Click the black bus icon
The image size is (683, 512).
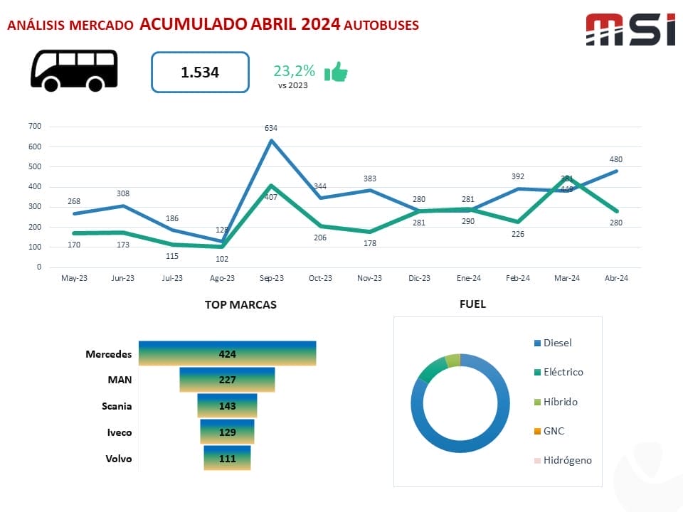click(74, 70)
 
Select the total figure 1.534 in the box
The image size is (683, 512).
click(200, 72)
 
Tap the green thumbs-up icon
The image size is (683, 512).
click(336, 72)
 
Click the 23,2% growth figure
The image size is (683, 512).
click(294, 70)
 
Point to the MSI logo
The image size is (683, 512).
click(630, 30)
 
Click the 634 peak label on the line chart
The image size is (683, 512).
click(271, 128)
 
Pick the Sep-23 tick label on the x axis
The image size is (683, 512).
click(271, 278)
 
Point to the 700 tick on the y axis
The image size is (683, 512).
click(35, 127)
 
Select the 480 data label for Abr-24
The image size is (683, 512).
click(615, 159)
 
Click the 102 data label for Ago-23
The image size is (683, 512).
click(221, 259)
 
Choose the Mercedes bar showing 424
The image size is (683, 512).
click(227, 353)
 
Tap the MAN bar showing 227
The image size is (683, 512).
click(227, 380)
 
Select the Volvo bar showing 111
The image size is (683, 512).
click(227, 459)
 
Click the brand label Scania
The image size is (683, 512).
click(117, 406)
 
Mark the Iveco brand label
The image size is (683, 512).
click(119, 432)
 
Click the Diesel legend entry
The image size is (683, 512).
click(557, 343)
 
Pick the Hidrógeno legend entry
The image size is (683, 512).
click(567, 460)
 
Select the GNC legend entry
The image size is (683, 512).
click(554, 431)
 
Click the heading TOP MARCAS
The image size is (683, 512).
click(240, 304)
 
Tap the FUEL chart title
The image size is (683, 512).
click(472, 304)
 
